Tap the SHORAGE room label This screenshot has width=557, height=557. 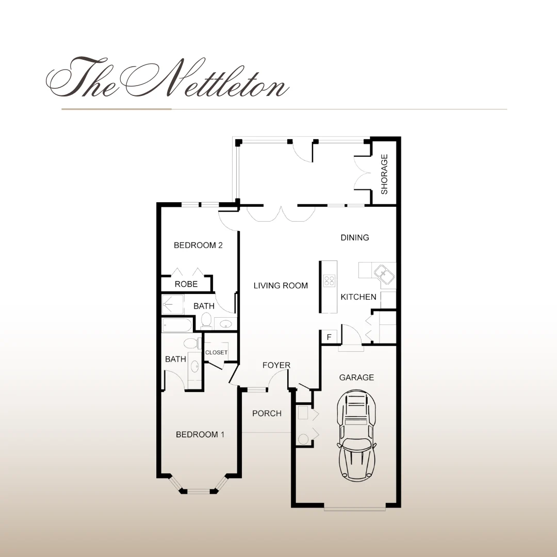pyautogui.click(x=384, y=174)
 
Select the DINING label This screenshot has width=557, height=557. pyautogui.click(x=355, y=238)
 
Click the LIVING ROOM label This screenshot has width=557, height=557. pyautogui.click(x=281, y=286)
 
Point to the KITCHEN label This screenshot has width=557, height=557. pyautogui.click(x=358, y=297)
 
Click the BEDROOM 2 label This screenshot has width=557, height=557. pyautogui.click(x=198, y=245)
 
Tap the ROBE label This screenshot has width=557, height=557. pyautogui.click(x=186, y=284)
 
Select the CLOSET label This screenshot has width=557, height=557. pyautogui.click(x=216, y=353)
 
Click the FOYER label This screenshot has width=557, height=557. pyautogui.click(x=276, y=365)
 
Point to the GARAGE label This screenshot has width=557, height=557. pyautogui.click(x=356, y=378)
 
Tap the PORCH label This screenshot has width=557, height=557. pyautogui.click(x=267, y=414)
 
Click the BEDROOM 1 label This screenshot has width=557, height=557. pyautogui.click(x=200, y=435)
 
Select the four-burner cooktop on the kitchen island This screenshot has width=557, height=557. pyautogui.click(x=329, y=281)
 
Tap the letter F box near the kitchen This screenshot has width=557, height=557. pyautogui.click(x=329, y=338)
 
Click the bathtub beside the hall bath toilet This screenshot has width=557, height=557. pyautogui.click(x=177, y=325)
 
